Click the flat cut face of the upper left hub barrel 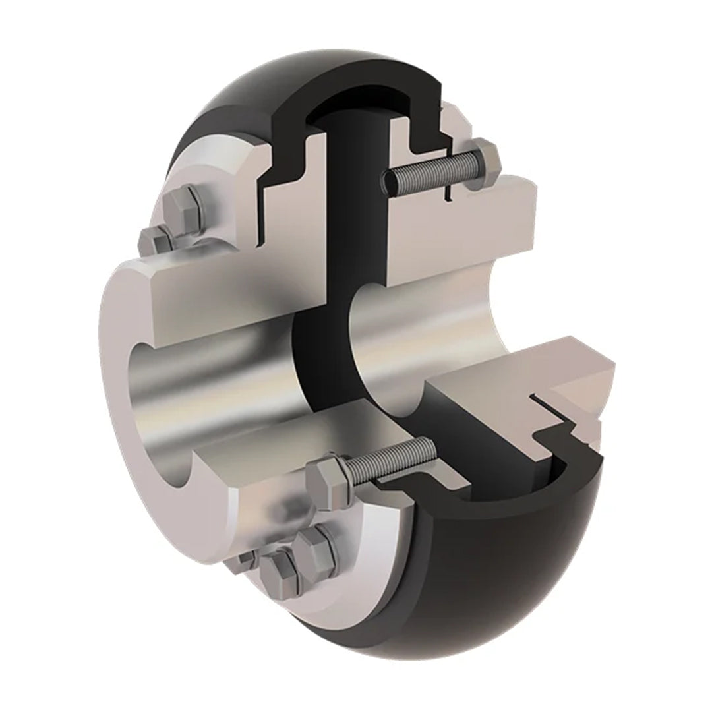coord(218,290)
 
